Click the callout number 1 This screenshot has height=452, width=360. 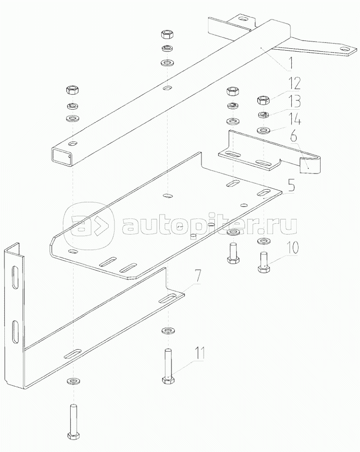[290, 64]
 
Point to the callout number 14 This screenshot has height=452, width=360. [293, 118]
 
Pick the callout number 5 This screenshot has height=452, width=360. [291, 186]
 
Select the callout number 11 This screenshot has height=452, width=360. [199, 354]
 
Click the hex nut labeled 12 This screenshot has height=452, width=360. [263, 100]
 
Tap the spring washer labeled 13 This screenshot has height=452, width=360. [263, 115]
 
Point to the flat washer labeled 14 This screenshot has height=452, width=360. [263, 131]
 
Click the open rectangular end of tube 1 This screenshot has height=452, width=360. [61, 156]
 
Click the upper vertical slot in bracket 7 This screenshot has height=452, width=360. [15, 277]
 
